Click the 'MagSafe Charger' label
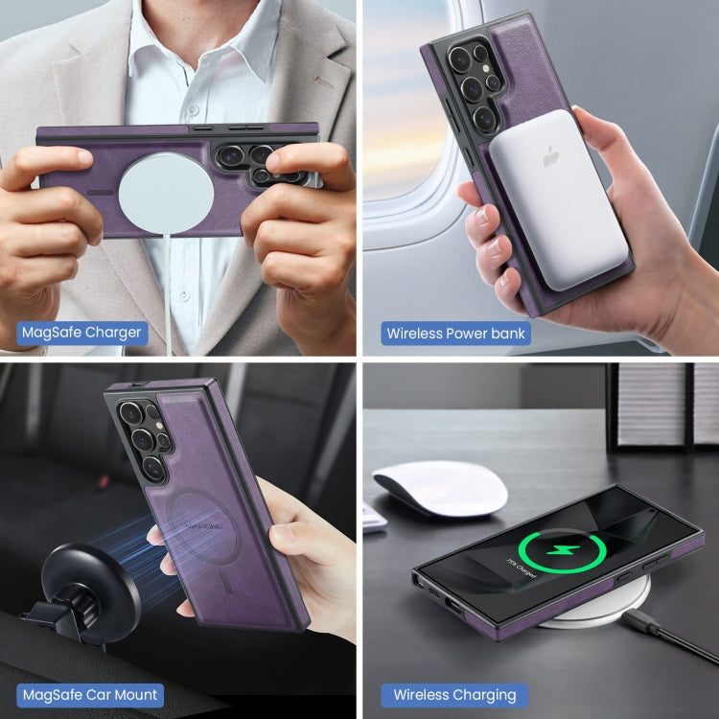(x=82, y=334)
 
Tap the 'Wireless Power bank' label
(x=455, y=334)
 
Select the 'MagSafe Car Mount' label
(x=91, y=694)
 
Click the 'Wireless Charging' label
(x=454, y=694)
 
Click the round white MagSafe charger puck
(x=166, y=199)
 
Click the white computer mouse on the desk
(x=440, y=486)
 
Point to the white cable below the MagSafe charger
(x=172, y=288)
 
